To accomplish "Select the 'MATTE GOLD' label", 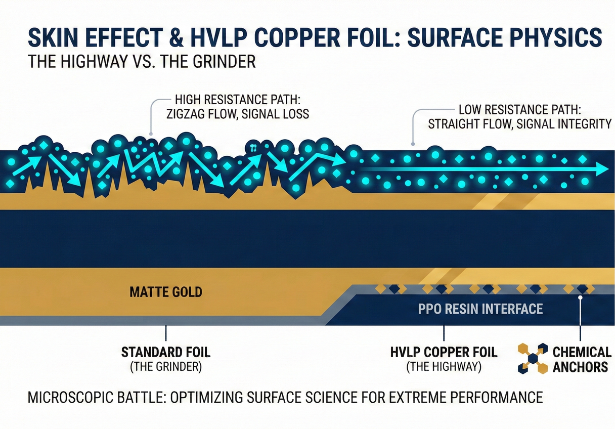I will [165, 292].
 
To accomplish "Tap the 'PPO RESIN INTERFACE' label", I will [480, 309].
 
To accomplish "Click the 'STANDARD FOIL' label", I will [166, 352].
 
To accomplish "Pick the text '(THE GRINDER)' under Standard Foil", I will [166, 367].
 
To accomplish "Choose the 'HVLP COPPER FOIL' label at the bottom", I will [444, 352].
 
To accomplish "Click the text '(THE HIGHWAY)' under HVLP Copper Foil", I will [444, 367].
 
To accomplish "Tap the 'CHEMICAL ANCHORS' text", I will [582, 359].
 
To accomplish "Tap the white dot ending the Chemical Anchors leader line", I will [581, 298].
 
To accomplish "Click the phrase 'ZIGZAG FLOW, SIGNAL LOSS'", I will [237, 114].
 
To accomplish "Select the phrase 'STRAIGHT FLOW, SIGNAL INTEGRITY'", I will [519, 124].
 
